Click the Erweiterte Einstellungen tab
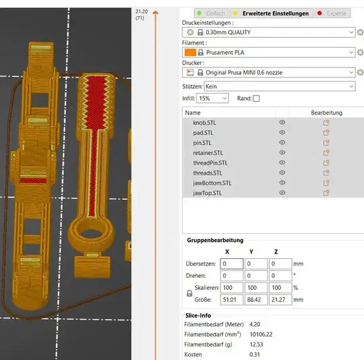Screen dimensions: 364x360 (x=272, y=13)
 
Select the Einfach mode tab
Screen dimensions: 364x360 (x=212, y=13)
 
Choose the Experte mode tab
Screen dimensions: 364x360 (x=332, y=13)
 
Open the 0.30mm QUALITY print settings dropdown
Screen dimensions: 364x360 (x=268, y=32)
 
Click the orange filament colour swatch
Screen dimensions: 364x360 (x=190, y=53)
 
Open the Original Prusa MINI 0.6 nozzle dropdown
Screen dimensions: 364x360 (x=268, y=72)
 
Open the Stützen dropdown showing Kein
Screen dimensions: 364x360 (x=280, y=86)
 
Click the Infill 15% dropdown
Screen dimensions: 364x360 (x=212, y=98)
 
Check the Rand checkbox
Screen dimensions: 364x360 (x=256, y=98)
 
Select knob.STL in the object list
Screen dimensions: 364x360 (x=204, y=123)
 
